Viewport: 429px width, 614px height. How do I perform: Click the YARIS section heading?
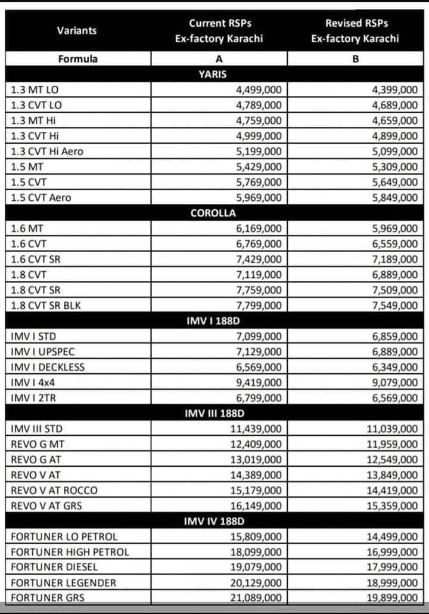(212, 75)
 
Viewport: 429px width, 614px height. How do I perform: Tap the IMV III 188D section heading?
(214, 413)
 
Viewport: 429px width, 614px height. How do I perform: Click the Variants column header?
(77, 30)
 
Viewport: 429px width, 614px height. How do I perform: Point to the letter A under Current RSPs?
(219, 59)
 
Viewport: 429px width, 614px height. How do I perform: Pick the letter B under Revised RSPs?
(355, 59)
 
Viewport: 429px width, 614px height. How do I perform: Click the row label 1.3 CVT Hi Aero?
(47, 151)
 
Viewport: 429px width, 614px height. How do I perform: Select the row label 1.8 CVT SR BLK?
(48, 306)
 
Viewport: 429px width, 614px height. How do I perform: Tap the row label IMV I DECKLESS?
(48, 367)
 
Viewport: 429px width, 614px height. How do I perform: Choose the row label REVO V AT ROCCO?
(54, 491)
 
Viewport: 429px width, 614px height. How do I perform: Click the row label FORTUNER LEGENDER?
(64, 582)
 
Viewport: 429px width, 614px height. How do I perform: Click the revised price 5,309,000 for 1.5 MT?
(394, 167)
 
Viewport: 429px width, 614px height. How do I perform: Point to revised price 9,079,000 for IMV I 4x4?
(394, 383)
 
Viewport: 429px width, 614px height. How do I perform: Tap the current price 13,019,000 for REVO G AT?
(256, 460)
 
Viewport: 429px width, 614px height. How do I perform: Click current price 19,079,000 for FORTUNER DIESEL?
(256, 567)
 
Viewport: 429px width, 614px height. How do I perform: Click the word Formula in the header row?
(77, 59)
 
